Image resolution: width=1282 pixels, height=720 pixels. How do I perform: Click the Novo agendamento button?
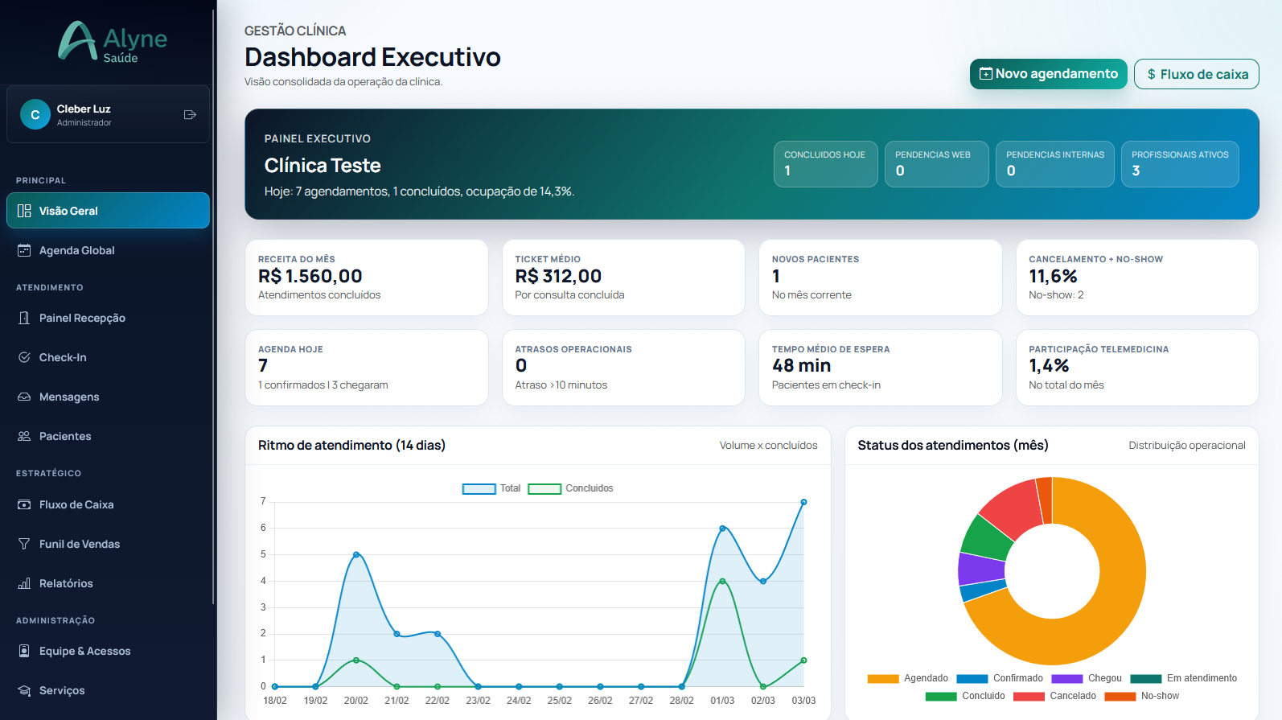[x=1048, y=74]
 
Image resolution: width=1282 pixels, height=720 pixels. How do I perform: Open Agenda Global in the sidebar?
[x=76, y=250]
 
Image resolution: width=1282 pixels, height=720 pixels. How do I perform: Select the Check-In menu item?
[x=63, y=357]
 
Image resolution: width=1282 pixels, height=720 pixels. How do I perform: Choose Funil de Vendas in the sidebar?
[x=79, y=544]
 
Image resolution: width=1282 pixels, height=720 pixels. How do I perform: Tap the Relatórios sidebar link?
[x=66, y=583]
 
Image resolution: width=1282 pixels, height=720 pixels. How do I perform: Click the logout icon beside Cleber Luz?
[x=190, y=115]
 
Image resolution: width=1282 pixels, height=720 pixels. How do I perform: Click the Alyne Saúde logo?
[x=113, y=42]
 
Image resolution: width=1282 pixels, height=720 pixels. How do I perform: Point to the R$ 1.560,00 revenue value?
[x=310, y=277]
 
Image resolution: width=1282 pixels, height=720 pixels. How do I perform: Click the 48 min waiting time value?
[x=801, y=366]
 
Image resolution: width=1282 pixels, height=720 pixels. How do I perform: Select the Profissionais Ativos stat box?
[x=1180, y=163]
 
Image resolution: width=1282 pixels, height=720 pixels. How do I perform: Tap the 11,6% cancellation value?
[x=1053, y=277]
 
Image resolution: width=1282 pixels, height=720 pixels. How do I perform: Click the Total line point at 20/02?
[x=356, y=554]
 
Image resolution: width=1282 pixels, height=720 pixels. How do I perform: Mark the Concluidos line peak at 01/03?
[x=722, y=581]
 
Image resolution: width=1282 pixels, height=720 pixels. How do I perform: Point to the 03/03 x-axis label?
[x=803, y=701]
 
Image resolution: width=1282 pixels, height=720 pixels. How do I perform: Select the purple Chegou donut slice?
[x=980, y=569]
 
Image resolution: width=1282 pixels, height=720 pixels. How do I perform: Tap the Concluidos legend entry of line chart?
[x=570, y=488]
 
